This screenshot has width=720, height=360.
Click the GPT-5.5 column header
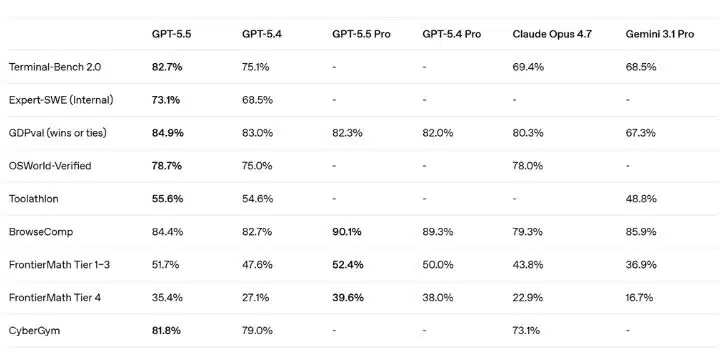[171, 34]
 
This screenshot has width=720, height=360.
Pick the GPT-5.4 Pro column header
[451, 34]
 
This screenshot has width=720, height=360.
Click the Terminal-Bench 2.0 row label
[55, 67]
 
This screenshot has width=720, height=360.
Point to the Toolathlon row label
[34, 199]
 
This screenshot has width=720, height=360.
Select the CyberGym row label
[34, 331]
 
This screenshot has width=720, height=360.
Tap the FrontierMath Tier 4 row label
[55, 298]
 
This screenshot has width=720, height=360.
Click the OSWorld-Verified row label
[50, 166]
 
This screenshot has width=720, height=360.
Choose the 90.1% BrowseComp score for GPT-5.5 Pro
[347, 232]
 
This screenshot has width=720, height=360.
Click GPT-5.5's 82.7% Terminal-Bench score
[167, 67]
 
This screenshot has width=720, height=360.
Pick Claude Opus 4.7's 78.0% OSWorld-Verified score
[528, 166]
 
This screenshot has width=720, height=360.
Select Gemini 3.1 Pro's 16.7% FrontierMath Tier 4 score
[639, 298]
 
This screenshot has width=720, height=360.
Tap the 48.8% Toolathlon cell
[641, 199]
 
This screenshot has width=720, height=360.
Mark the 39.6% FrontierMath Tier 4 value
[348, 298]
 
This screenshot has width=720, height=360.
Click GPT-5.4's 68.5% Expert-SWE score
[257, 100]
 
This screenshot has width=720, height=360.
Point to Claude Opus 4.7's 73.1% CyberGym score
[526, 331]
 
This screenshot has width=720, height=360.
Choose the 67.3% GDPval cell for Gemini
[641, 133]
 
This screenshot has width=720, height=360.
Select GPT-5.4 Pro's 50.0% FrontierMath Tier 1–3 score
[438, 265]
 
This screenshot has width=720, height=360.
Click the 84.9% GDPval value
[168, 133]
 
